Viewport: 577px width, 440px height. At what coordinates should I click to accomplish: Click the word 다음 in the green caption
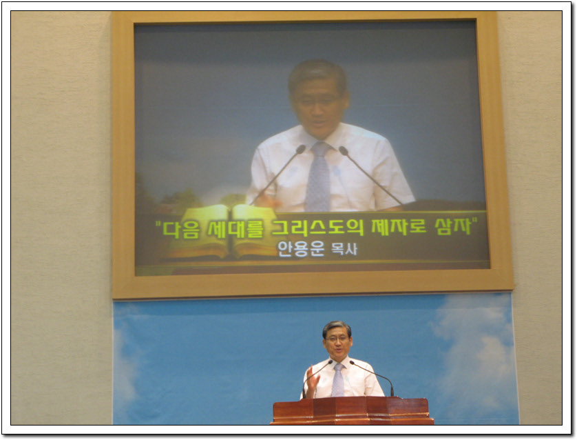(x=181, y=229)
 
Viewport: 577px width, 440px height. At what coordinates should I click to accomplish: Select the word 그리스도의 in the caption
(x=317, y=228)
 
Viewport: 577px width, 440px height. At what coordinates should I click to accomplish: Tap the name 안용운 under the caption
(x=301, y=249)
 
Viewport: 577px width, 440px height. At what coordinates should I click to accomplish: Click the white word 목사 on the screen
(x=344, y=249)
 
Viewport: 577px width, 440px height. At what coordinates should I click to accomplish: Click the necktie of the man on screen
(x=318, y=176)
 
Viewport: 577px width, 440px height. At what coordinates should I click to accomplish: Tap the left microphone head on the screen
(x=301, y=149)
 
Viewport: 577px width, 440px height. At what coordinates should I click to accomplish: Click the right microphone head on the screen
(x=344, y=150)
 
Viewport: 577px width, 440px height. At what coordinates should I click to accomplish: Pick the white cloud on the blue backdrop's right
(x=474, y=350)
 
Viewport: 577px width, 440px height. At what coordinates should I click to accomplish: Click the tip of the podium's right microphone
(x=352, y=363)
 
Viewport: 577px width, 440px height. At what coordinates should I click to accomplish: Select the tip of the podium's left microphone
(x=330, y=362)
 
